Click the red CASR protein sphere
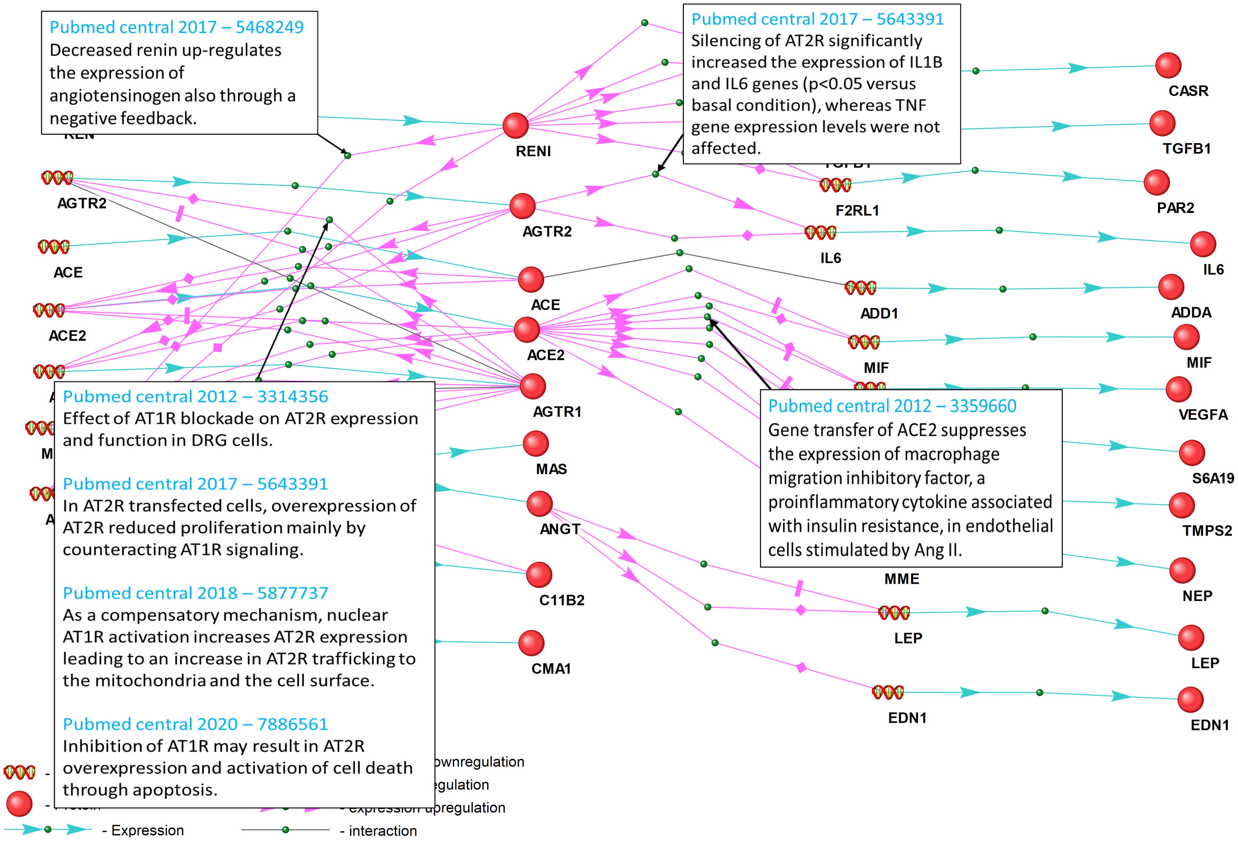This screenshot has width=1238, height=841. (x=1168, y=66)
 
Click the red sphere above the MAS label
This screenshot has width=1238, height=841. (x=535, y=443)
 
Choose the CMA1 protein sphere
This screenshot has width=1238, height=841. (x=531, y=643)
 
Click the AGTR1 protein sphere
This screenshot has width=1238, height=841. (x=533, y=386)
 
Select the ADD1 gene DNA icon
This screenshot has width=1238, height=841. (x=860, y=288)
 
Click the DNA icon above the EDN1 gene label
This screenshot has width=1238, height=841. (x=888, y=692)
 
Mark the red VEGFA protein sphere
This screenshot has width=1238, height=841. (x=1178, y=390)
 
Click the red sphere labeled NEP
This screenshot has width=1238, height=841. (x=1182, y=570)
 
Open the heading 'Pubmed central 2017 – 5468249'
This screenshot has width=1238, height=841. (x=176, y=27)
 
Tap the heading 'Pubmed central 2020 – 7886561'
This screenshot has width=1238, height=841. (x=195, y=724)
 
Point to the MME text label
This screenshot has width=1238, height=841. (x=901, y=579)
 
